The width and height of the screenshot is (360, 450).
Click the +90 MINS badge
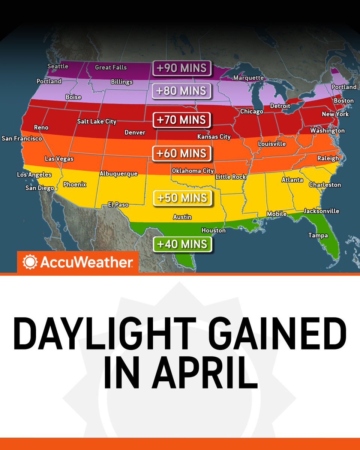[x=182, y=68]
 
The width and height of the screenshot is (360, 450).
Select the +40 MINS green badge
[x=182, y=244]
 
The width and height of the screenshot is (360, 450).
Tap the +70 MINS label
[x=182, y=120]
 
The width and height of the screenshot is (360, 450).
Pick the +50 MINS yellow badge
[x=182, y=198]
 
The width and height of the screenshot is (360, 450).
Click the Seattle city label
[x=58, y=66]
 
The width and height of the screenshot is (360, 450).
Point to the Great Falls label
[x=111, y=67]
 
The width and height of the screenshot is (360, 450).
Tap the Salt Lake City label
[x=97, y=121]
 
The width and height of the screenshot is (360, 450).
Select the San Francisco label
[x=22, y=138]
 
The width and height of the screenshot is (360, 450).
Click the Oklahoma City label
[x=193, y=171]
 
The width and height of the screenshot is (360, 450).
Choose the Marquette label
[x=248, y=78]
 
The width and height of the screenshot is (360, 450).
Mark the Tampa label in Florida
[x=318, y=235]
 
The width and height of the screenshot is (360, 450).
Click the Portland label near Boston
[x=344, y=87]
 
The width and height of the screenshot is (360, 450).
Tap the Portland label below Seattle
[x=49, y=81]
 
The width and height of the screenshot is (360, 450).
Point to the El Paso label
[x=118, y=205]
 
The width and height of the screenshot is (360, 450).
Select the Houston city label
[x=213, y=231]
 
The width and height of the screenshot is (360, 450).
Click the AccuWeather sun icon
[x=29, y=262]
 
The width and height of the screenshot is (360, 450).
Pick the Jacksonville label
[x=321, y=211]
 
